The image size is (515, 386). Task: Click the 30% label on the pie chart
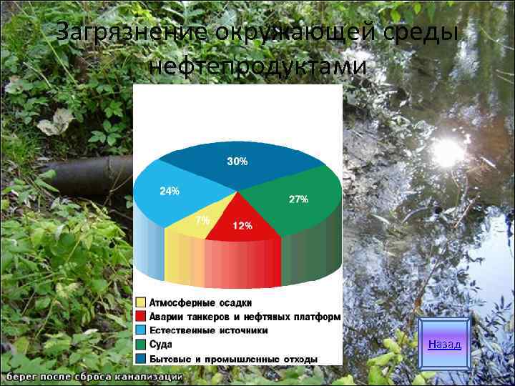[237, 162]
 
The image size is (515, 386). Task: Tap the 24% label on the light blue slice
[170, 192]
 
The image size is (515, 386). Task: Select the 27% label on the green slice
[298, 199]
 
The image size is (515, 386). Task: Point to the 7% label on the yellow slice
[202, 220]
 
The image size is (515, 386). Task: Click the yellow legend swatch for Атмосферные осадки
[142, 303]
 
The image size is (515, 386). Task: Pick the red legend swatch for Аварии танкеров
[142, 317]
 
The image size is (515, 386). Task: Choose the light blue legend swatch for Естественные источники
[142, 330]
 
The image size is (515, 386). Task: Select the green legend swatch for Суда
[142, 344]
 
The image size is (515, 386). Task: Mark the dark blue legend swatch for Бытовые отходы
[142, 358]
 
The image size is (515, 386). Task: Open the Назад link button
[444, 345]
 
